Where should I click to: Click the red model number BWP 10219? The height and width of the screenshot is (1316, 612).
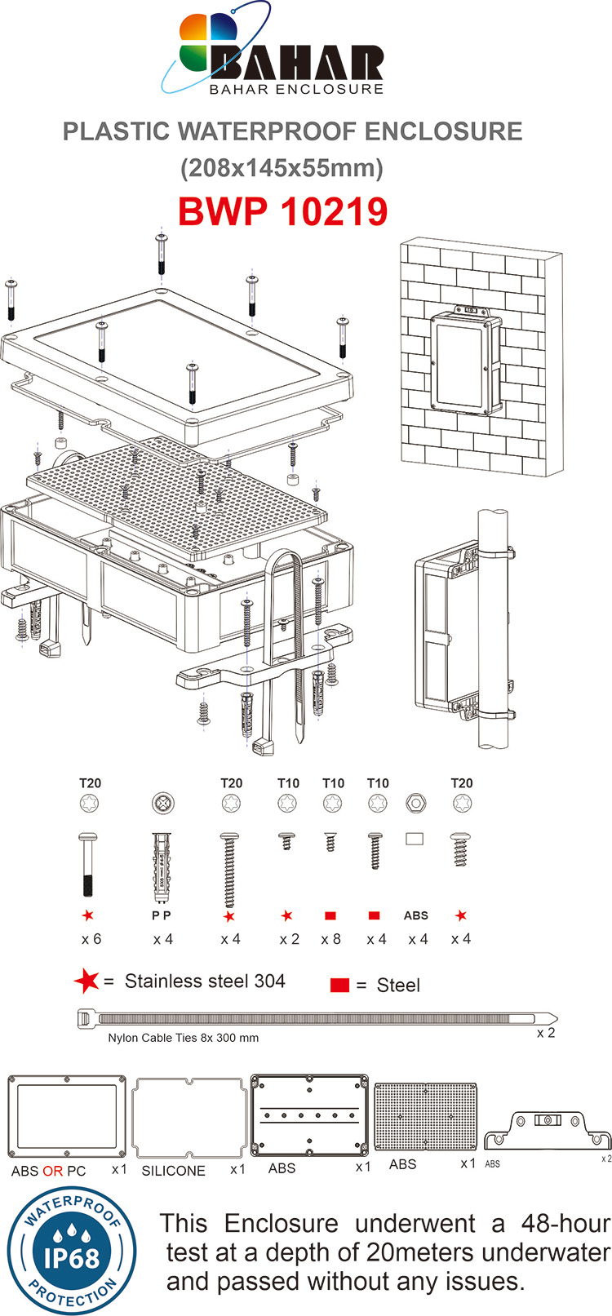coord(282,211)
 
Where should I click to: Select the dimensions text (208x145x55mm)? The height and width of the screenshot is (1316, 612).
coord(282,168)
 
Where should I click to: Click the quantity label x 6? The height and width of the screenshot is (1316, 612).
coord(91,939)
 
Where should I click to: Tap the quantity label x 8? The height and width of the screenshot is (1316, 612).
coord(330,939)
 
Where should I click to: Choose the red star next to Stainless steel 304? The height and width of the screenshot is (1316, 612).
coord(86,981)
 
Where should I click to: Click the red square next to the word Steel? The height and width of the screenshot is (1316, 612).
coord(339,986)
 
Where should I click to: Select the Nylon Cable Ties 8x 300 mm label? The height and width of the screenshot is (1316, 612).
coord(184,1038)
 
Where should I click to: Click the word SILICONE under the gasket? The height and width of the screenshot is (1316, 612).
coord(173,1171)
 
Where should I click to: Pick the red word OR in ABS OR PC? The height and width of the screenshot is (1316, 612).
coord(52,1171)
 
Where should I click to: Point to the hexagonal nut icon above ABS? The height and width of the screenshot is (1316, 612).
coord(416,803)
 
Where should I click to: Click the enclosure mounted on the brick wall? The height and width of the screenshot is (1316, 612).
coord(466,360)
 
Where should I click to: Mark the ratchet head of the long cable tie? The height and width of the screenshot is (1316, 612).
coord(86,1018)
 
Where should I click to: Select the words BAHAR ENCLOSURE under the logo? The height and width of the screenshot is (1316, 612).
coord(296,89)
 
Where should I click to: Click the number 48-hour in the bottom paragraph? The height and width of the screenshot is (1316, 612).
coord(565,1224)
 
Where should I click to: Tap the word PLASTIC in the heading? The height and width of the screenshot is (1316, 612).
coord(117,131)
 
